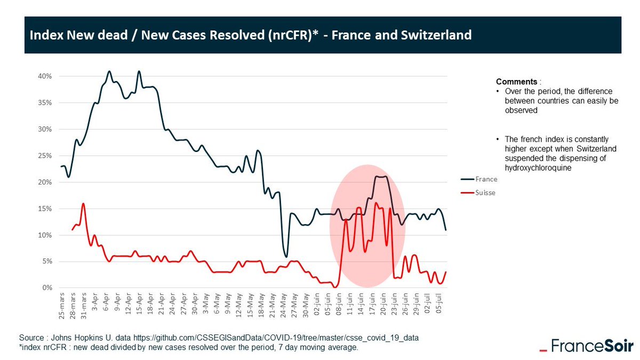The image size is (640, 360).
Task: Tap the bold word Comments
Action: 516,82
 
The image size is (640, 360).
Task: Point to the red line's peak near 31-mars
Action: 83,203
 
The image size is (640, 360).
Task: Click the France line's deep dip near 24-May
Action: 286,257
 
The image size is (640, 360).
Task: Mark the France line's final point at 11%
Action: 446,230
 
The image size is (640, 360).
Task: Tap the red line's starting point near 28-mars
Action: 72,230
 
